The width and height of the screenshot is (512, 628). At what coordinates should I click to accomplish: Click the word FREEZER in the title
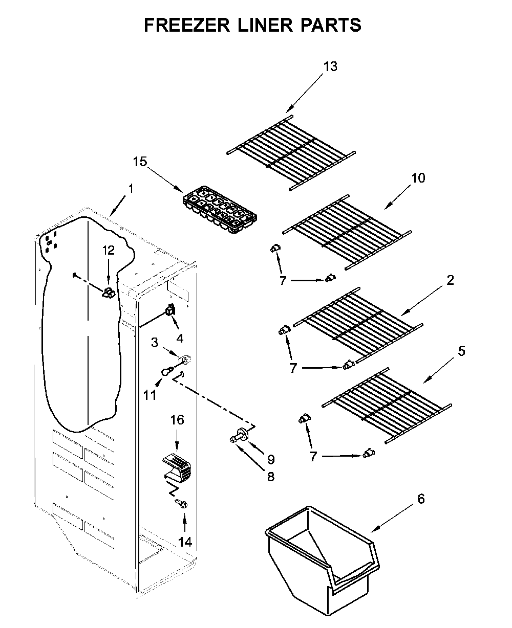pos(186,25)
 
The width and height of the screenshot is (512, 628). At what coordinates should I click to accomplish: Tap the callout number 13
pos(330,66)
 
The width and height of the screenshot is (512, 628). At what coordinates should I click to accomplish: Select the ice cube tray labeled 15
pos(220,209)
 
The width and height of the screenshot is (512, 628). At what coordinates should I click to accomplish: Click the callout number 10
pos(418,178)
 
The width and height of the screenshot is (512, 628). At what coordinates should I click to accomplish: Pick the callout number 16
pos(177,420)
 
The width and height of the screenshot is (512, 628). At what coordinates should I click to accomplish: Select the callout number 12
pos(109,250)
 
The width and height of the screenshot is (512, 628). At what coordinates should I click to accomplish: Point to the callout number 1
pos(131,189)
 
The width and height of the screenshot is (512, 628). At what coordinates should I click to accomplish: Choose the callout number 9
pos(271,459)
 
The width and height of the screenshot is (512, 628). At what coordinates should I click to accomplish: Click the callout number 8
pos(271,476)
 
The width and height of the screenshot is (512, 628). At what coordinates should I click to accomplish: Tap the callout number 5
pos(461,351)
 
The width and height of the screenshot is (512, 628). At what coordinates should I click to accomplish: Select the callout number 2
pos(450,280)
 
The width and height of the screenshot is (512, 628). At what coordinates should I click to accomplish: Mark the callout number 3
pos(155,342)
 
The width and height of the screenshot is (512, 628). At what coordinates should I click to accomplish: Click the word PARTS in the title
pos(331,25)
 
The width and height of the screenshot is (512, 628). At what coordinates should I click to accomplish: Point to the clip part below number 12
pos(109,293)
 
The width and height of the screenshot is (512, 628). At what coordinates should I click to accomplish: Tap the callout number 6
pos(420,499)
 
